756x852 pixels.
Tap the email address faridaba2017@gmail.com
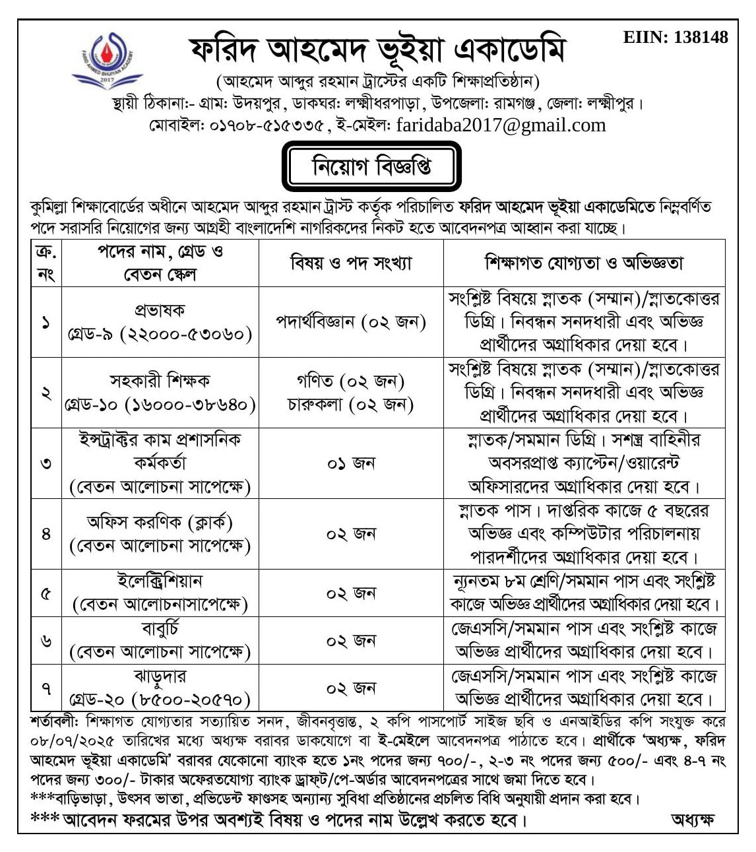click(x=501, y=125)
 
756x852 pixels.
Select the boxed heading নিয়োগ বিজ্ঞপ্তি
click(x=372, y=167)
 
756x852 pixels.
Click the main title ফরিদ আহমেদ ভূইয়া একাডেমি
click(x=377, y=50)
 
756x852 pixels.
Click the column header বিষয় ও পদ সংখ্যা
click(x=351, y=263)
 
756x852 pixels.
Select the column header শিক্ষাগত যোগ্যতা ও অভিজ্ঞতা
click(x=584, y=263)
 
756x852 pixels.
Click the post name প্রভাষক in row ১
click(x=160, y=310)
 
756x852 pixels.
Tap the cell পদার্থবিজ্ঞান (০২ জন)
click(x=351, y=322)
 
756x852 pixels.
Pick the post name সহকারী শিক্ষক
click(x=160, y=381)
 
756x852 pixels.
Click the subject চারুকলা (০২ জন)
click(x=350, y=404)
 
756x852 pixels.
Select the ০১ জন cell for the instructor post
click(x=351, y=463)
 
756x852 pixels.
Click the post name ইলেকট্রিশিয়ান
click(x=160, y=581)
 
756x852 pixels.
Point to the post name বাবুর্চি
click(x=160, y=628)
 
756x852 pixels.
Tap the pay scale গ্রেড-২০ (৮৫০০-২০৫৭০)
click(x=160, y=699)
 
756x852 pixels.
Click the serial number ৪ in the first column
click(x=46, y=534)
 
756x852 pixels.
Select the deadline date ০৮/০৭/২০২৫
click(x=72, y=738)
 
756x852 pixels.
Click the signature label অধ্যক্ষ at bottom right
click(x=692, y=820)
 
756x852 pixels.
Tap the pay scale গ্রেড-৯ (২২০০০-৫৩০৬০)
click(x=160, y=334)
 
